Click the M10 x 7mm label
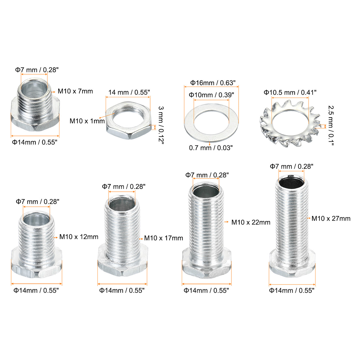click(75, 91)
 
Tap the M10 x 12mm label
click(79, 237)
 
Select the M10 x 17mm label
click(164, 238)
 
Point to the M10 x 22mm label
click(251, 222)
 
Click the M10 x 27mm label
click(331, 219)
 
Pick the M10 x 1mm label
click(87, 121)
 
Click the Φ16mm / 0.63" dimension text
click(213, 83)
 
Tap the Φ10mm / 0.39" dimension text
click(211, 95)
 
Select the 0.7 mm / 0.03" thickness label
click(211, 148)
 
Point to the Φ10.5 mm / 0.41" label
click(290, 93)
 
